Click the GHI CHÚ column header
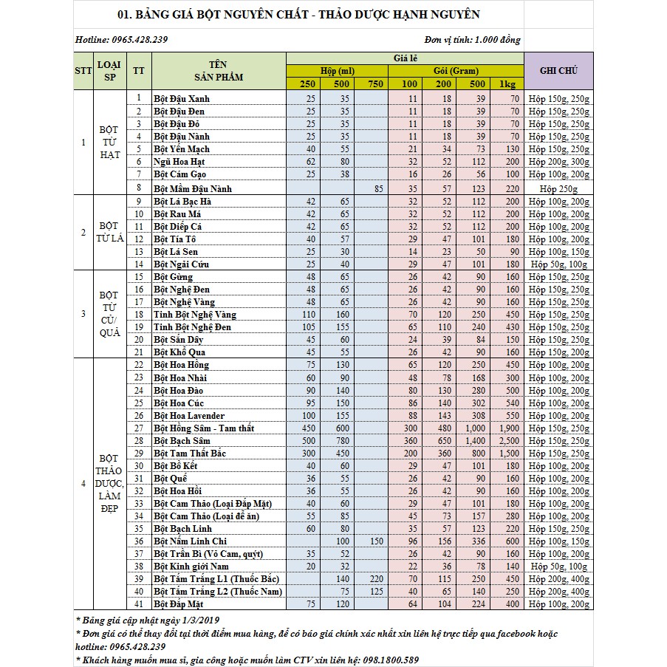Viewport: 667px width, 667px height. [x=558, y=72]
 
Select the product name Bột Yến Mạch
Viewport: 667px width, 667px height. [x=182, y=149]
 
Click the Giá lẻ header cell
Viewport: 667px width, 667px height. [x=405, y=58]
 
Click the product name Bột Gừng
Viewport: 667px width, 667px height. [x=173, y=277]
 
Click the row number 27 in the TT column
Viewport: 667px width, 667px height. [x=138, y=428]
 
